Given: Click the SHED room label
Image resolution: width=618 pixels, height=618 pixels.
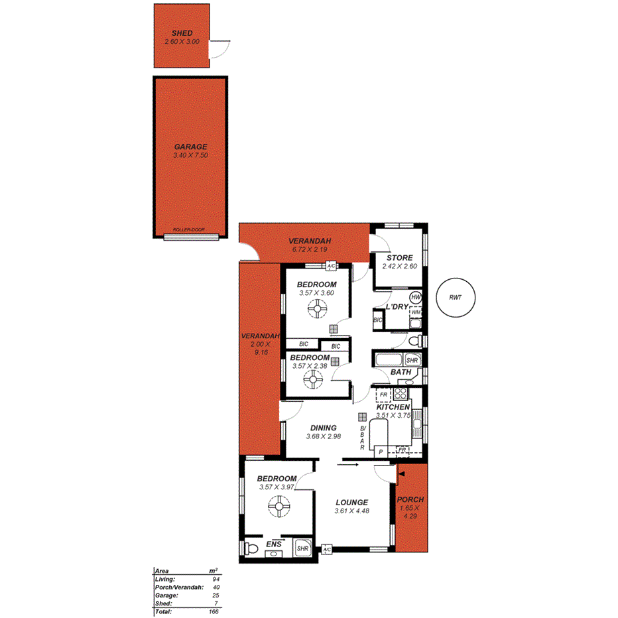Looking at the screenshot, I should click(x=182, y=33).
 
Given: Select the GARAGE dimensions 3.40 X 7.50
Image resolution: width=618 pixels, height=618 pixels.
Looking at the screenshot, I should click(x=191, y=156).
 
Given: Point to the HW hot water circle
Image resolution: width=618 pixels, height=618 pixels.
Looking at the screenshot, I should click(x=416, y=297).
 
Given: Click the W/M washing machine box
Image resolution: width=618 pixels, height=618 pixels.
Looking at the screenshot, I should click(x=416, y=312).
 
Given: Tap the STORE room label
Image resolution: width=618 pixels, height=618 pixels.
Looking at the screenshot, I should click(x=399, y=258).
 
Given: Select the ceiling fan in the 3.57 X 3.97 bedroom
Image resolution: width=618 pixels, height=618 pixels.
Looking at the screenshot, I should click(x=278, y=509).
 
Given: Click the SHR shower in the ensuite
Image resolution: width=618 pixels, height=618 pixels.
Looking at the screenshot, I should click(x=302, y=548).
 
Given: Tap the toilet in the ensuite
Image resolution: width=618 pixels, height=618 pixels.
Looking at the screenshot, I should click(x=251, y=548).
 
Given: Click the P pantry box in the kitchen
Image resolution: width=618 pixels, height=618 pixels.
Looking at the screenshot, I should click(x=381, y=451).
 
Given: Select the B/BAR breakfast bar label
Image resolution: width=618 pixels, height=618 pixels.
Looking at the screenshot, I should click(x=362, y=438).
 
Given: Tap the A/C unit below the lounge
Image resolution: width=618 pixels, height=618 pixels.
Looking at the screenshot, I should click(x=326, y=550).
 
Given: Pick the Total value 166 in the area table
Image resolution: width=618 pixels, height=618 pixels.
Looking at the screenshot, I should click(x=214, y=611).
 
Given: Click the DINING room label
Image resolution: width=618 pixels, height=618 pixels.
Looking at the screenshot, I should click(x=323, y=428).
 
